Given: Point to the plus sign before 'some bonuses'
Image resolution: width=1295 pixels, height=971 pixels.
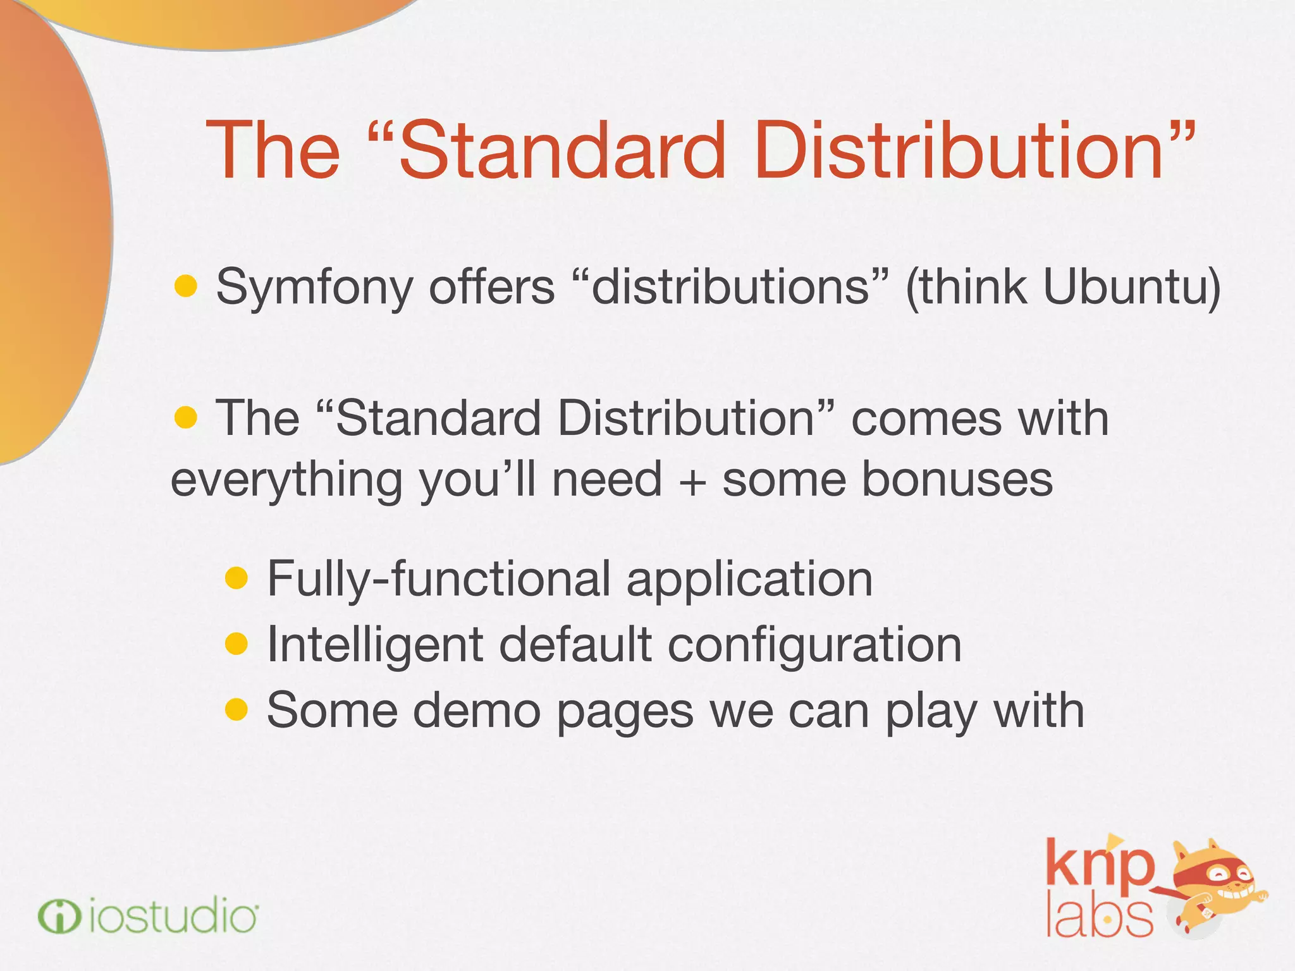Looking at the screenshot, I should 692,481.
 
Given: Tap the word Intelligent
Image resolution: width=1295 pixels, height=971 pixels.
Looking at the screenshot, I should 376,645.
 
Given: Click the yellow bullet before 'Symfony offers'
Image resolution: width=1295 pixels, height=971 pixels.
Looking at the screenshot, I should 186,286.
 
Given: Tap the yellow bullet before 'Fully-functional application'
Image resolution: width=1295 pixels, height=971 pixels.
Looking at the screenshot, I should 236,578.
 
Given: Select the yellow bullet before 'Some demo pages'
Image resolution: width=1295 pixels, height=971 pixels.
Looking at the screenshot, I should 236,709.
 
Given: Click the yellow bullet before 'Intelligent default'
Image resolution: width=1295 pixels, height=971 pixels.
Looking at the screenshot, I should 236,644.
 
